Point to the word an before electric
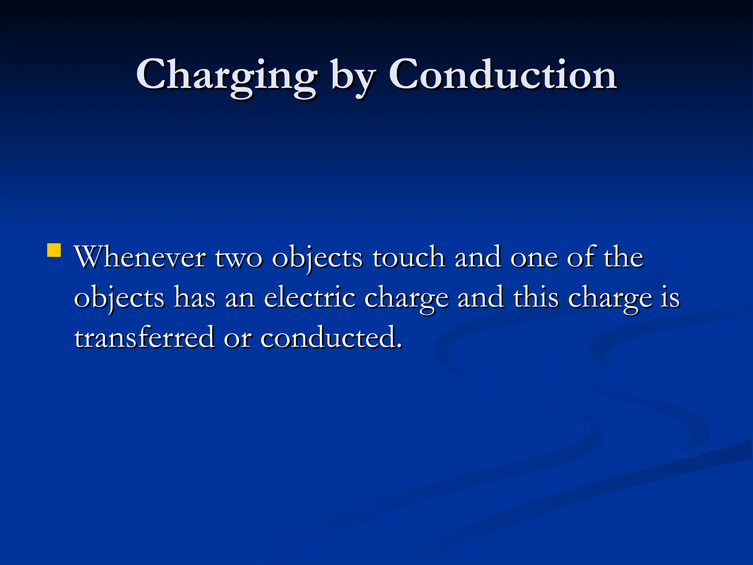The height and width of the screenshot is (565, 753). point(240,298)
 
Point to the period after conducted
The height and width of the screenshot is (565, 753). point(399,346)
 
